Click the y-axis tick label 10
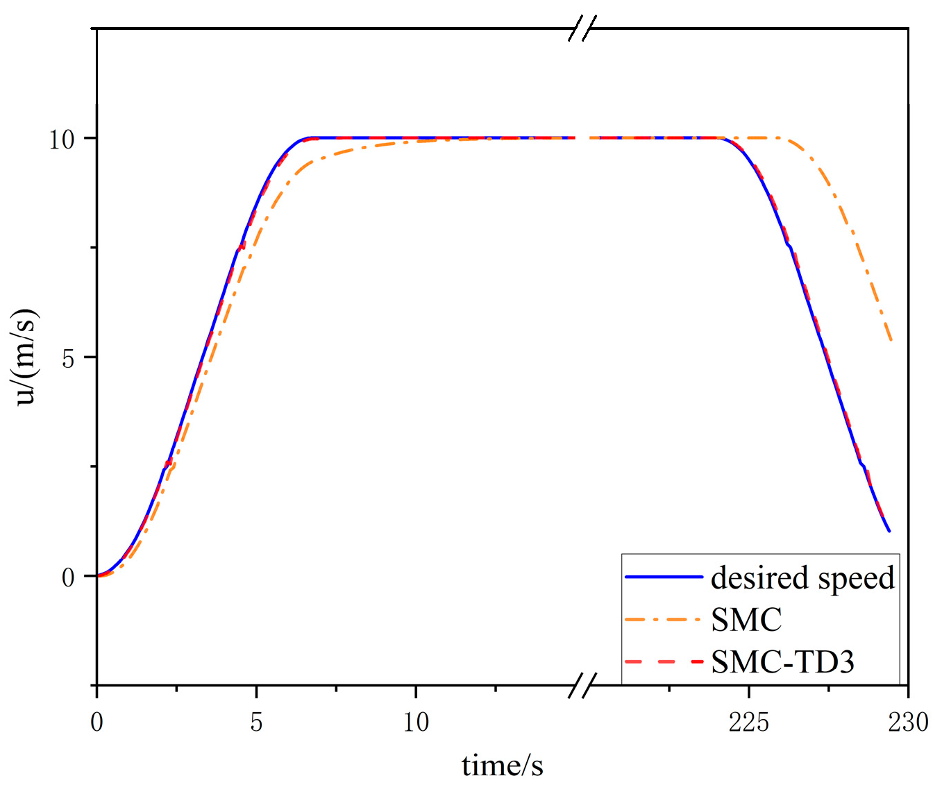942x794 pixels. tap(62, 140)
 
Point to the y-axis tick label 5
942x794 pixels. tap(68, 359)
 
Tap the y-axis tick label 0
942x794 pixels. tap(68, 577)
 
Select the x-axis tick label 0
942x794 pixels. tap(96, 723)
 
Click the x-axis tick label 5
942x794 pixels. tap(256, 723)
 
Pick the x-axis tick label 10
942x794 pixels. tap(416, 723)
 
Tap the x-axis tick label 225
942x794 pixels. tap(748, 723)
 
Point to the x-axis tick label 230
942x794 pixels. tap(908, 723)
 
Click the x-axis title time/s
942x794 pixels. tap(502, 766)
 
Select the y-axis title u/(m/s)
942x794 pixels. tap(26, 357)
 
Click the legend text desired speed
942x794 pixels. tap(802, 577)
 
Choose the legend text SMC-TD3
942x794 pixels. tap(782, 662)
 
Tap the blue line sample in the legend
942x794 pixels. tap(664, 577)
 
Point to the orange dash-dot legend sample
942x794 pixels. tap(664, 619)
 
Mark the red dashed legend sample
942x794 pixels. tap(664, 661)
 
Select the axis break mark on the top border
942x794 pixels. tap(582, 29)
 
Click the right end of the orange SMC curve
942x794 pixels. tap(891, 341)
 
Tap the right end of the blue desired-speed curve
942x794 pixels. tap(889, 531)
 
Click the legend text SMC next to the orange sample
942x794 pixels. tap(746, 620)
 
